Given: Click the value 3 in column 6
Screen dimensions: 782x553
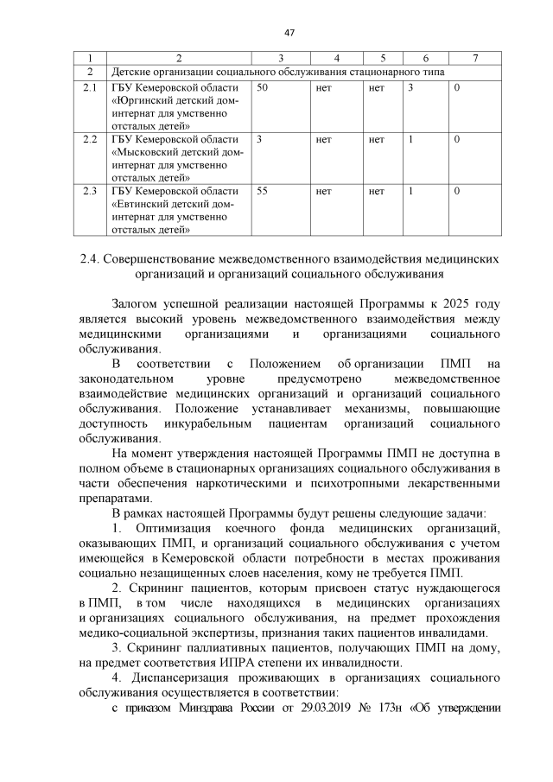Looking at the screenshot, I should tap(411, 88).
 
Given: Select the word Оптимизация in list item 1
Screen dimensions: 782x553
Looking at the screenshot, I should tap(179, 526).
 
